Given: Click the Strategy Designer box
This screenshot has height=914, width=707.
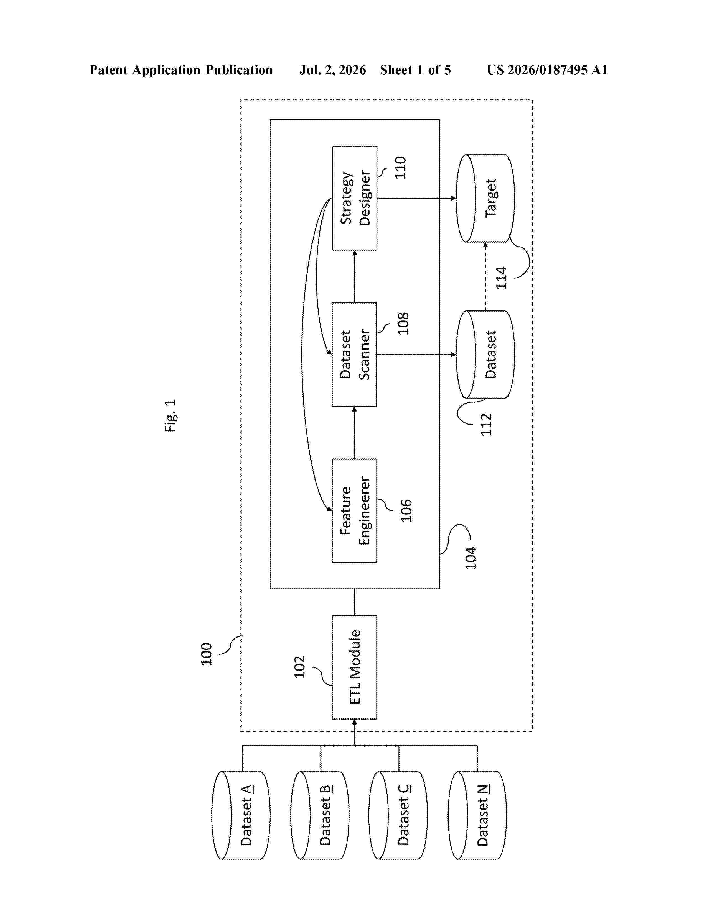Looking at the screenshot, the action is click(x=354, y=198).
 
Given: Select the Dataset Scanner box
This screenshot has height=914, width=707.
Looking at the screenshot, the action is click(x=354, y=355).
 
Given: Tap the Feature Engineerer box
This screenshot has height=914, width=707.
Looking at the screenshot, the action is click(x=354, y=510).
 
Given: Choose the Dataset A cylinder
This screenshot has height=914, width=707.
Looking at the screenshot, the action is click(x=241, y=815).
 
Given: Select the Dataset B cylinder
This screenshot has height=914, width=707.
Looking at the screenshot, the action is click(x=320, y=815).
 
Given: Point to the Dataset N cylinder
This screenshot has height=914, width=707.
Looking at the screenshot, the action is click(x=477, y=815).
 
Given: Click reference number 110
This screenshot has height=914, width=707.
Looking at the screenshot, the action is click(x=400, y=167).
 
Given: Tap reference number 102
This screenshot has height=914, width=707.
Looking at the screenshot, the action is click(x=299, y=667).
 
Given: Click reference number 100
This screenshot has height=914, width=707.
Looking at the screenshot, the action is click(x=206, y=654).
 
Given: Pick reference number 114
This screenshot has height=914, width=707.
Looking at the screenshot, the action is click(x=501, y=278).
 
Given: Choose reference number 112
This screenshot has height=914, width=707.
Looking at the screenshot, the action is click(x=486, y=424).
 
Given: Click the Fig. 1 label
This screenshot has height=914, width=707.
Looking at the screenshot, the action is click(x=170, y=415).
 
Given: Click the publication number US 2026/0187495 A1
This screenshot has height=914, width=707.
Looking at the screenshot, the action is click(x=547, y=70).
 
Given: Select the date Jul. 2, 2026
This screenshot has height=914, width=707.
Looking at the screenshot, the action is click(x=332, y=70).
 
